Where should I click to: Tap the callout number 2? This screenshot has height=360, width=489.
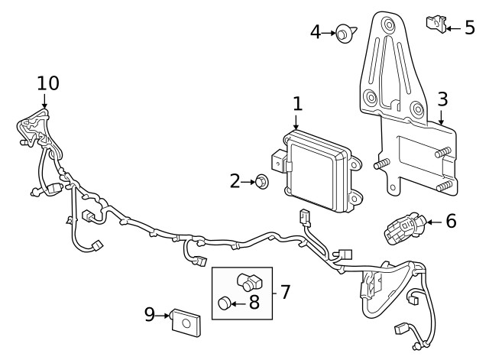click(x=235, y=181)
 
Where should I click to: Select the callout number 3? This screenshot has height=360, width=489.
click(x=442, y=99)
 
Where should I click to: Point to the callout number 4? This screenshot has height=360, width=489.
click(x=316, y=32)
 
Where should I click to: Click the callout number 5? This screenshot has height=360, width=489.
click(x=469, y=28)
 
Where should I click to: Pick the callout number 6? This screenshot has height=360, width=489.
click(x=451, y=222)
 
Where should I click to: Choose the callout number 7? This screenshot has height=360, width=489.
click(x=285, y=291)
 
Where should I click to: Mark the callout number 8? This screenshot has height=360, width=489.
click(x=254, y=303)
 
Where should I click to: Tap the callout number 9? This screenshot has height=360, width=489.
click(x=151, y=313)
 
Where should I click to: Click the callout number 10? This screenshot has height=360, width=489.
click(x=47, y=82)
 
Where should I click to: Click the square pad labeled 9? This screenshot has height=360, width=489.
click(x=185, y=322)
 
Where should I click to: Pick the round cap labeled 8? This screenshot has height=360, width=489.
click(x=225, y=303)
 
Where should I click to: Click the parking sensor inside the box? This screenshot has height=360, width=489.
click(x=248, y=281)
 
